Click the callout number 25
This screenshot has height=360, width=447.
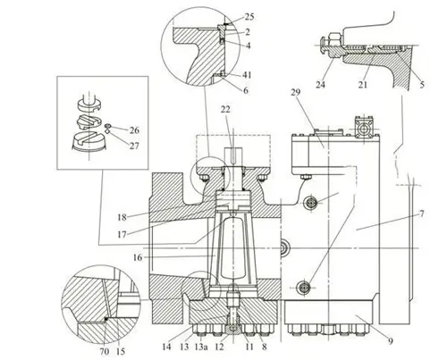click(249, 17)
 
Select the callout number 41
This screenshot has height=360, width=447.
click(247, 75)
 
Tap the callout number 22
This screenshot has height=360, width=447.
click(225, 110)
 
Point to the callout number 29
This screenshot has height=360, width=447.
click(295, 92)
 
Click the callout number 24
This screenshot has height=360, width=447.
click(320, 85)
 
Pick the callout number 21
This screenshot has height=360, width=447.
click(362, 85)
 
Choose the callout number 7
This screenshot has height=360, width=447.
click(421, 213)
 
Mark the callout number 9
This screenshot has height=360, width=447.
click(390, 341)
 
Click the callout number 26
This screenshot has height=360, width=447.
click(134, 130)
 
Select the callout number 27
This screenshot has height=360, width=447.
click(134, 146)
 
